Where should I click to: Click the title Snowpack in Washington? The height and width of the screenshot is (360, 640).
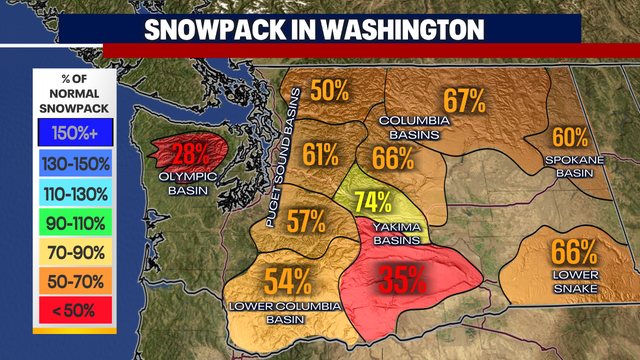(x=320, y=27)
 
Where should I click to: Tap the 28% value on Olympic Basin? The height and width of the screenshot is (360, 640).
(x=189, y=154)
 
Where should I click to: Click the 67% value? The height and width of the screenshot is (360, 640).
(x=463, y=100)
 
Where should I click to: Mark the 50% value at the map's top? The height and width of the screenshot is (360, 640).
(x=328, y=89)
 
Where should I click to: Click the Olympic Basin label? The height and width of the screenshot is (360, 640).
(x=189, y=181)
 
